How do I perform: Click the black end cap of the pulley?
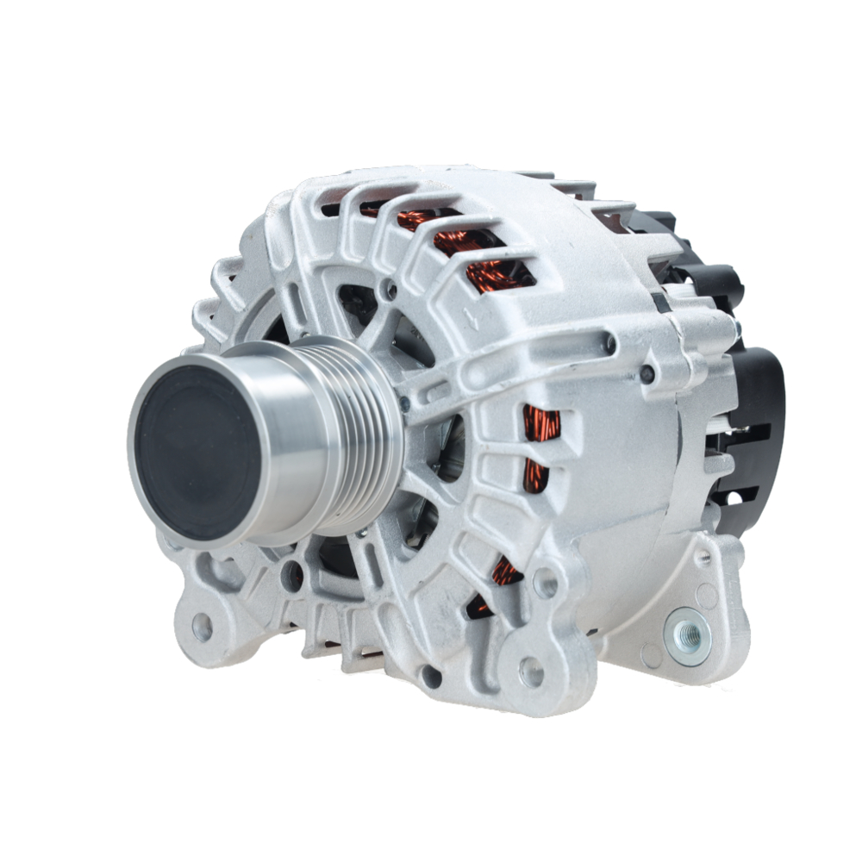coord(197,452)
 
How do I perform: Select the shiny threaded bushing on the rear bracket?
coord(690,635)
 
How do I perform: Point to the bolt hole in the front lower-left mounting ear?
coord(202,628)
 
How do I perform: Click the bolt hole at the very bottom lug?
coord(531,671)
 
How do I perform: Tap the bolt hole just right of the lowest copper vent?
coord(545,583)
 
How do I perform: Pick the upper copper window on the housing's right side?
coord(540,423)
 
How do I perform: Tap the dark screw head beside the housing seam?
coord(646,373)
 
